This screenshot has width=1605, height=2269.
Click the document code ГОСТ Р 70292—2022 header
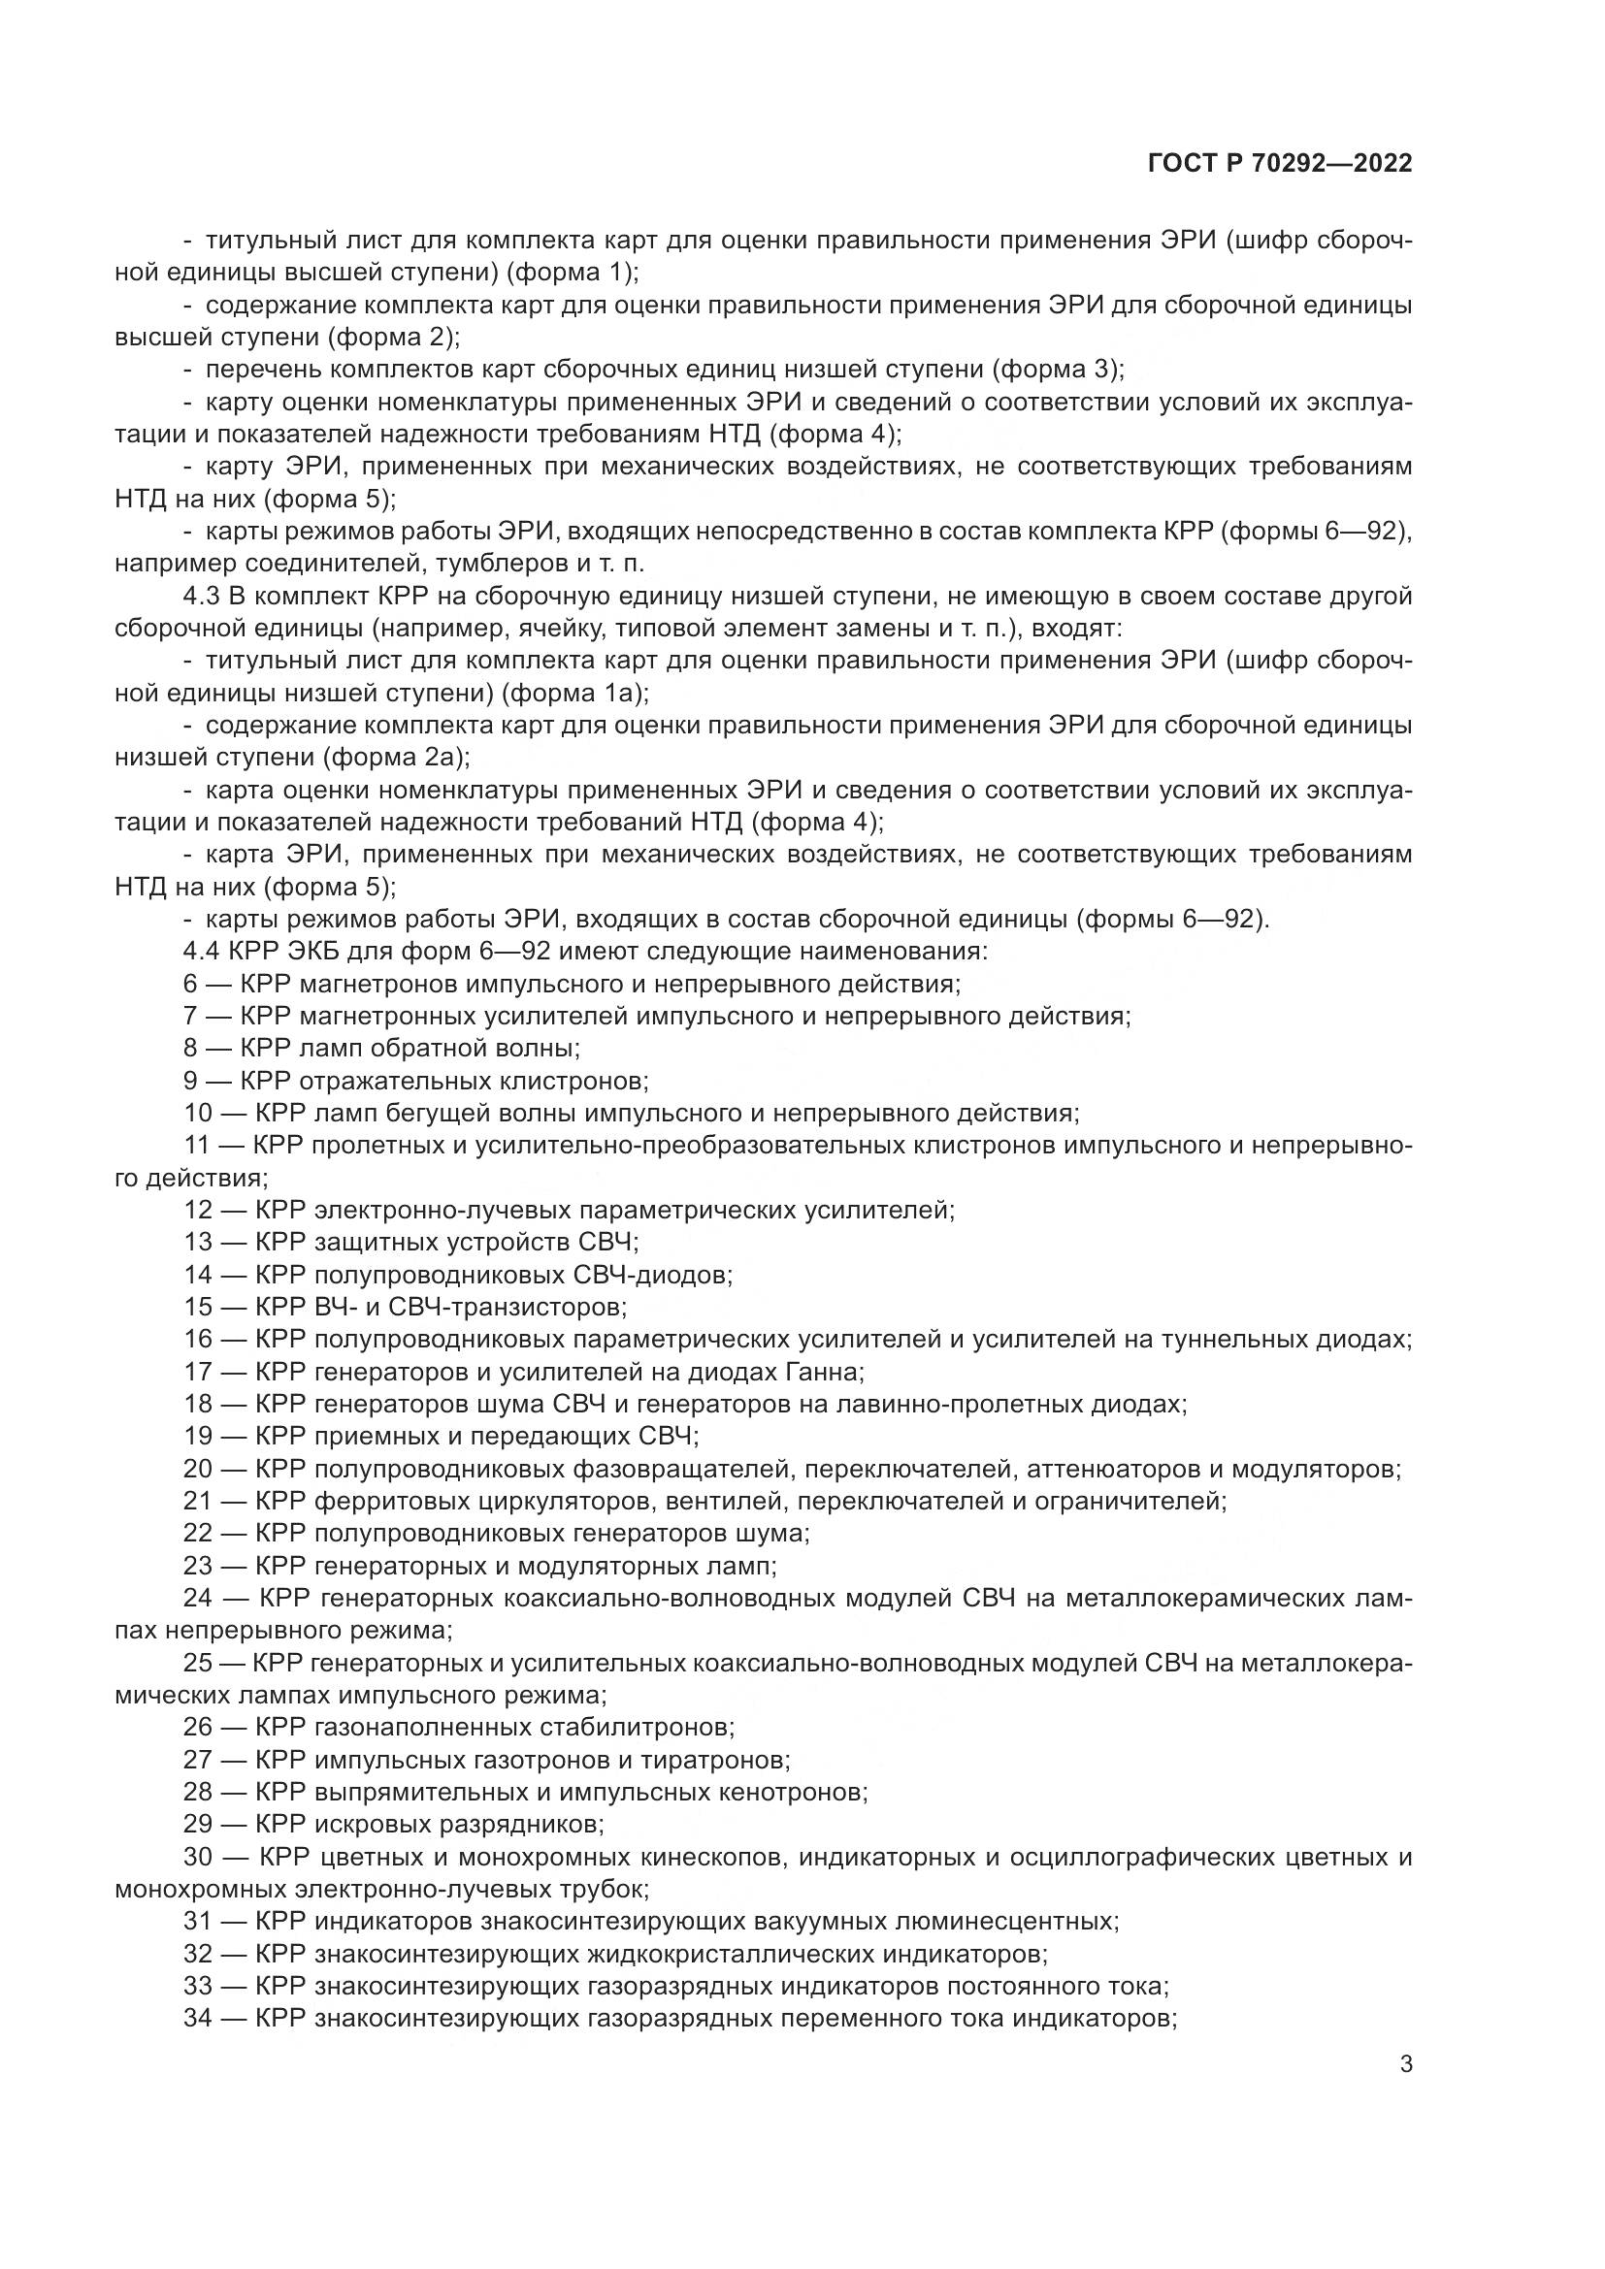coord(1280,164)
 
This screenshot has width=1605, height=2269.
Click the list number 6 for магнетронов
coord(191,985)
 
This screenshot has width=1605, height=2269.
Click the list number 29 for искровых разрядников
coord(198,1824)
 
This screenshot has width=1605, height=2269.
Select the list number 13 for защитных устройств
coord(198,1243)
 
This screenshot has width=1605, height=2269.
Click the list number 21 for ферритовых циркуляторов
coord(198,1501)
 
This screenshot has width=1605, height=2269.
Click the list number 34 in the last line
coord(198,2018)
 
